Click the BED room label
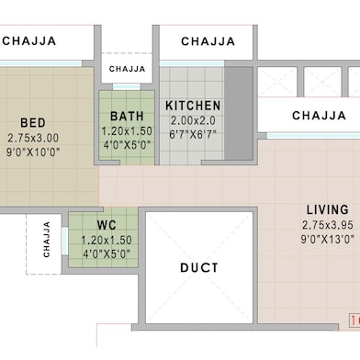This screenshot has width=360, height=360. [33, 122]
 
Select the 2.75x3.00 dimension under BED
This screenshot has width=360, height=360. [33, 138]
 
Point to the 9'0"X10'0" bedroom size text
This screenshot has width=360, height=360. [33, 152]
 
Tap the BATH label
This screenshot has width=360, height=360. [127, 117]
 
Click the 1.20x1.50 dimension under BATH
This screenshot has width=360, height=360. [127, 131]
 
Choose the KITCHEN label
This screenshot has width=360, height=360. [193, 106]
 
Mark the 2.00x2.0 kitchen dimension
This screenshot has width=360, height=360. [193, 120]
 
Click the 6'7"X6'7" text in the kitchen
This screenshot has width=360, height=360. [193, 135]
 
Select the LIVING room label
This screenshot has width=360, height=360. [327, 208]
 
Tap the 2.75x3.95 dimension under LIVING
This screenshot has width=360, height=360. [327, 224]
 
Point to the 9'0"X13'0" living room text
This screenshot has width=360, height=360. [327, 239]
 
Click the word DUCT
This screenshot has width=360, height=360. [198, 268]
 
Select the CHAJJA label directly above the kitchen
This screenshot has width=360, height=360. [208, 41]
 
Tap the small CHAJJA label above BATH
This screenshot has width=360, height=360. [127, 69]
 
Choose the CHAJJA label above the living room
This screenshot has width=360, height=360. [319, 116]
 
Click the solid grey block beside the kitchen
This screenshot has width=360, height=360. [238, 114]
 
